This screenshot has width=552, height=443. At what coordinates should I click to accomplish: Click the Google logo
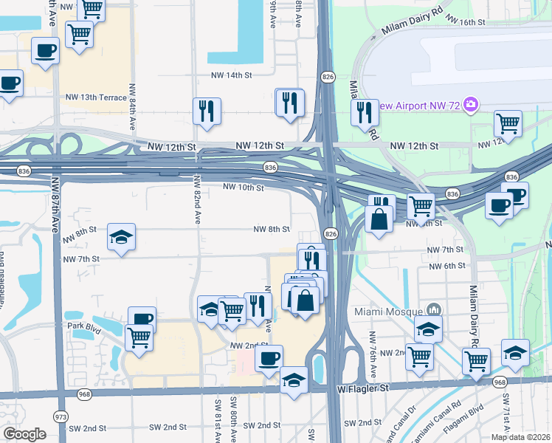[x=24, y=434]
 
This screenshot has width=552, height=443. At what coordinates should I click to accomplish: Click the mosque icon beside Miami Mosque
[x=434, y=309]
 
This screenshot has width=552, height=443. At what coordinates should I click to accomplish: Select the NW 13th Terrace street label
[x=96, y=97]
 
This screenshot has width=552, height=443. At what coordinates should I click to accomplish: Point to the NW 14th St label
[x=231, y=75]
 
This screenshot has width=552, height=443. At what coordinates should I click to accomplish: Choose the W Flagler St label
[x=362, y=388]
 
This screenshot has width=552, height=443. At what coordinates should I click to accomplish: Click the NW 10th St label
[x=243, y=188]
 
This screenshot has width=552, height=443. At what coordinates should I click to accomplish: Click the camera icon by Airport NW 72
[x=471, y=106]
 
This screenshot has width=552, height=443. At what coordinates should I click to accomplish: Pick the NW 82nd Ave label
[x=198, y=199]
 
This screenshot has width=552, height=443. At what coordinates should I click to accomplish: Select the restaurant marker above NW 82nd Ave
[x=207, y=111]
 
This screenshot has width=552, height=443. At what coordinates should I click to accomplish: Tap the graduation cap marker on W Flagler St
[x=294, y=381]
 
